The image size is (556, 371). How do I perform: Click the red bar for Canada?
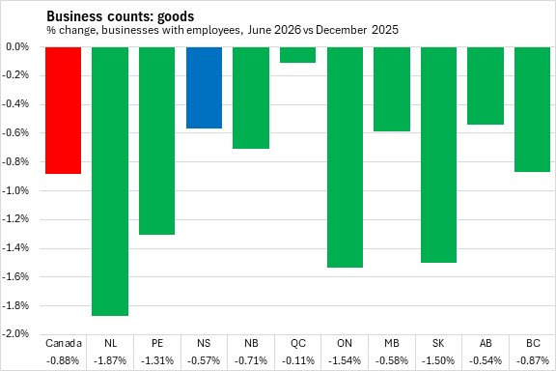[64, 110]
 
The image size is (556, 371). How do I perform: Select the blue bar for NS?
[205, 88]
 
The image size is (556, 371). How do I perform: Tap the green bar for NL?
[110, 182]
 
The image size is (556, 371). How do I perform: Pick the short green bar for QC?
[298, 55]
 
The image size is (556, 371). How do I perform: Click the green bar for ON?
[345, 157]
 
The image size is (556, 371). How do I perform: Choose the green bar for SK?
[438, 155]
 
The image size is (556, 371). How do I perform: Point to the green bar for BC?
[532, 110]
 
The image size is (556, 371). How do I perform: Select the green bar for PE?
[156, 141]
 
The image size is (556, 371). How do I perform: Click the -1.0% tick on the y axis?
[14, 190]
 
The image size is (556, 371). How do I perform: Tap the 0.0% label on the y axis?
[17, 47]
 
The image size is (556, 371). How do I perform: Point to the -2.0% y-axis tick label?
[14, 333]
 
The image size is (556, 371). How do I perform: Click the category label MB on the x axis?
[392, 343]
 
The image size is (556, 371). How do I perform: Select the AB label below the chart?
[486, 343]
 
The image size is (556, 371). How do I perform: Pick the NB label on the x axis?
[251, 343]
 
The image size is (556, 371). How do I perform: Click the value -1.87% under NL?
[110, 360]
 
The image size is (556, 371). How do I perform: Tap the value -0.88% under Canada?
[63, 360]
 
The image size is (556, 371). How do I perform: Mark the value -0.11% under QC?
[298, 360]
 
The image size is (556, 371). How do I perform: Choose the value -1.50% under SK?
[438, 360]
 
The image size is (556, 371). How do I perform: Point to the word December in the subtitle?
[341, 30]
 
